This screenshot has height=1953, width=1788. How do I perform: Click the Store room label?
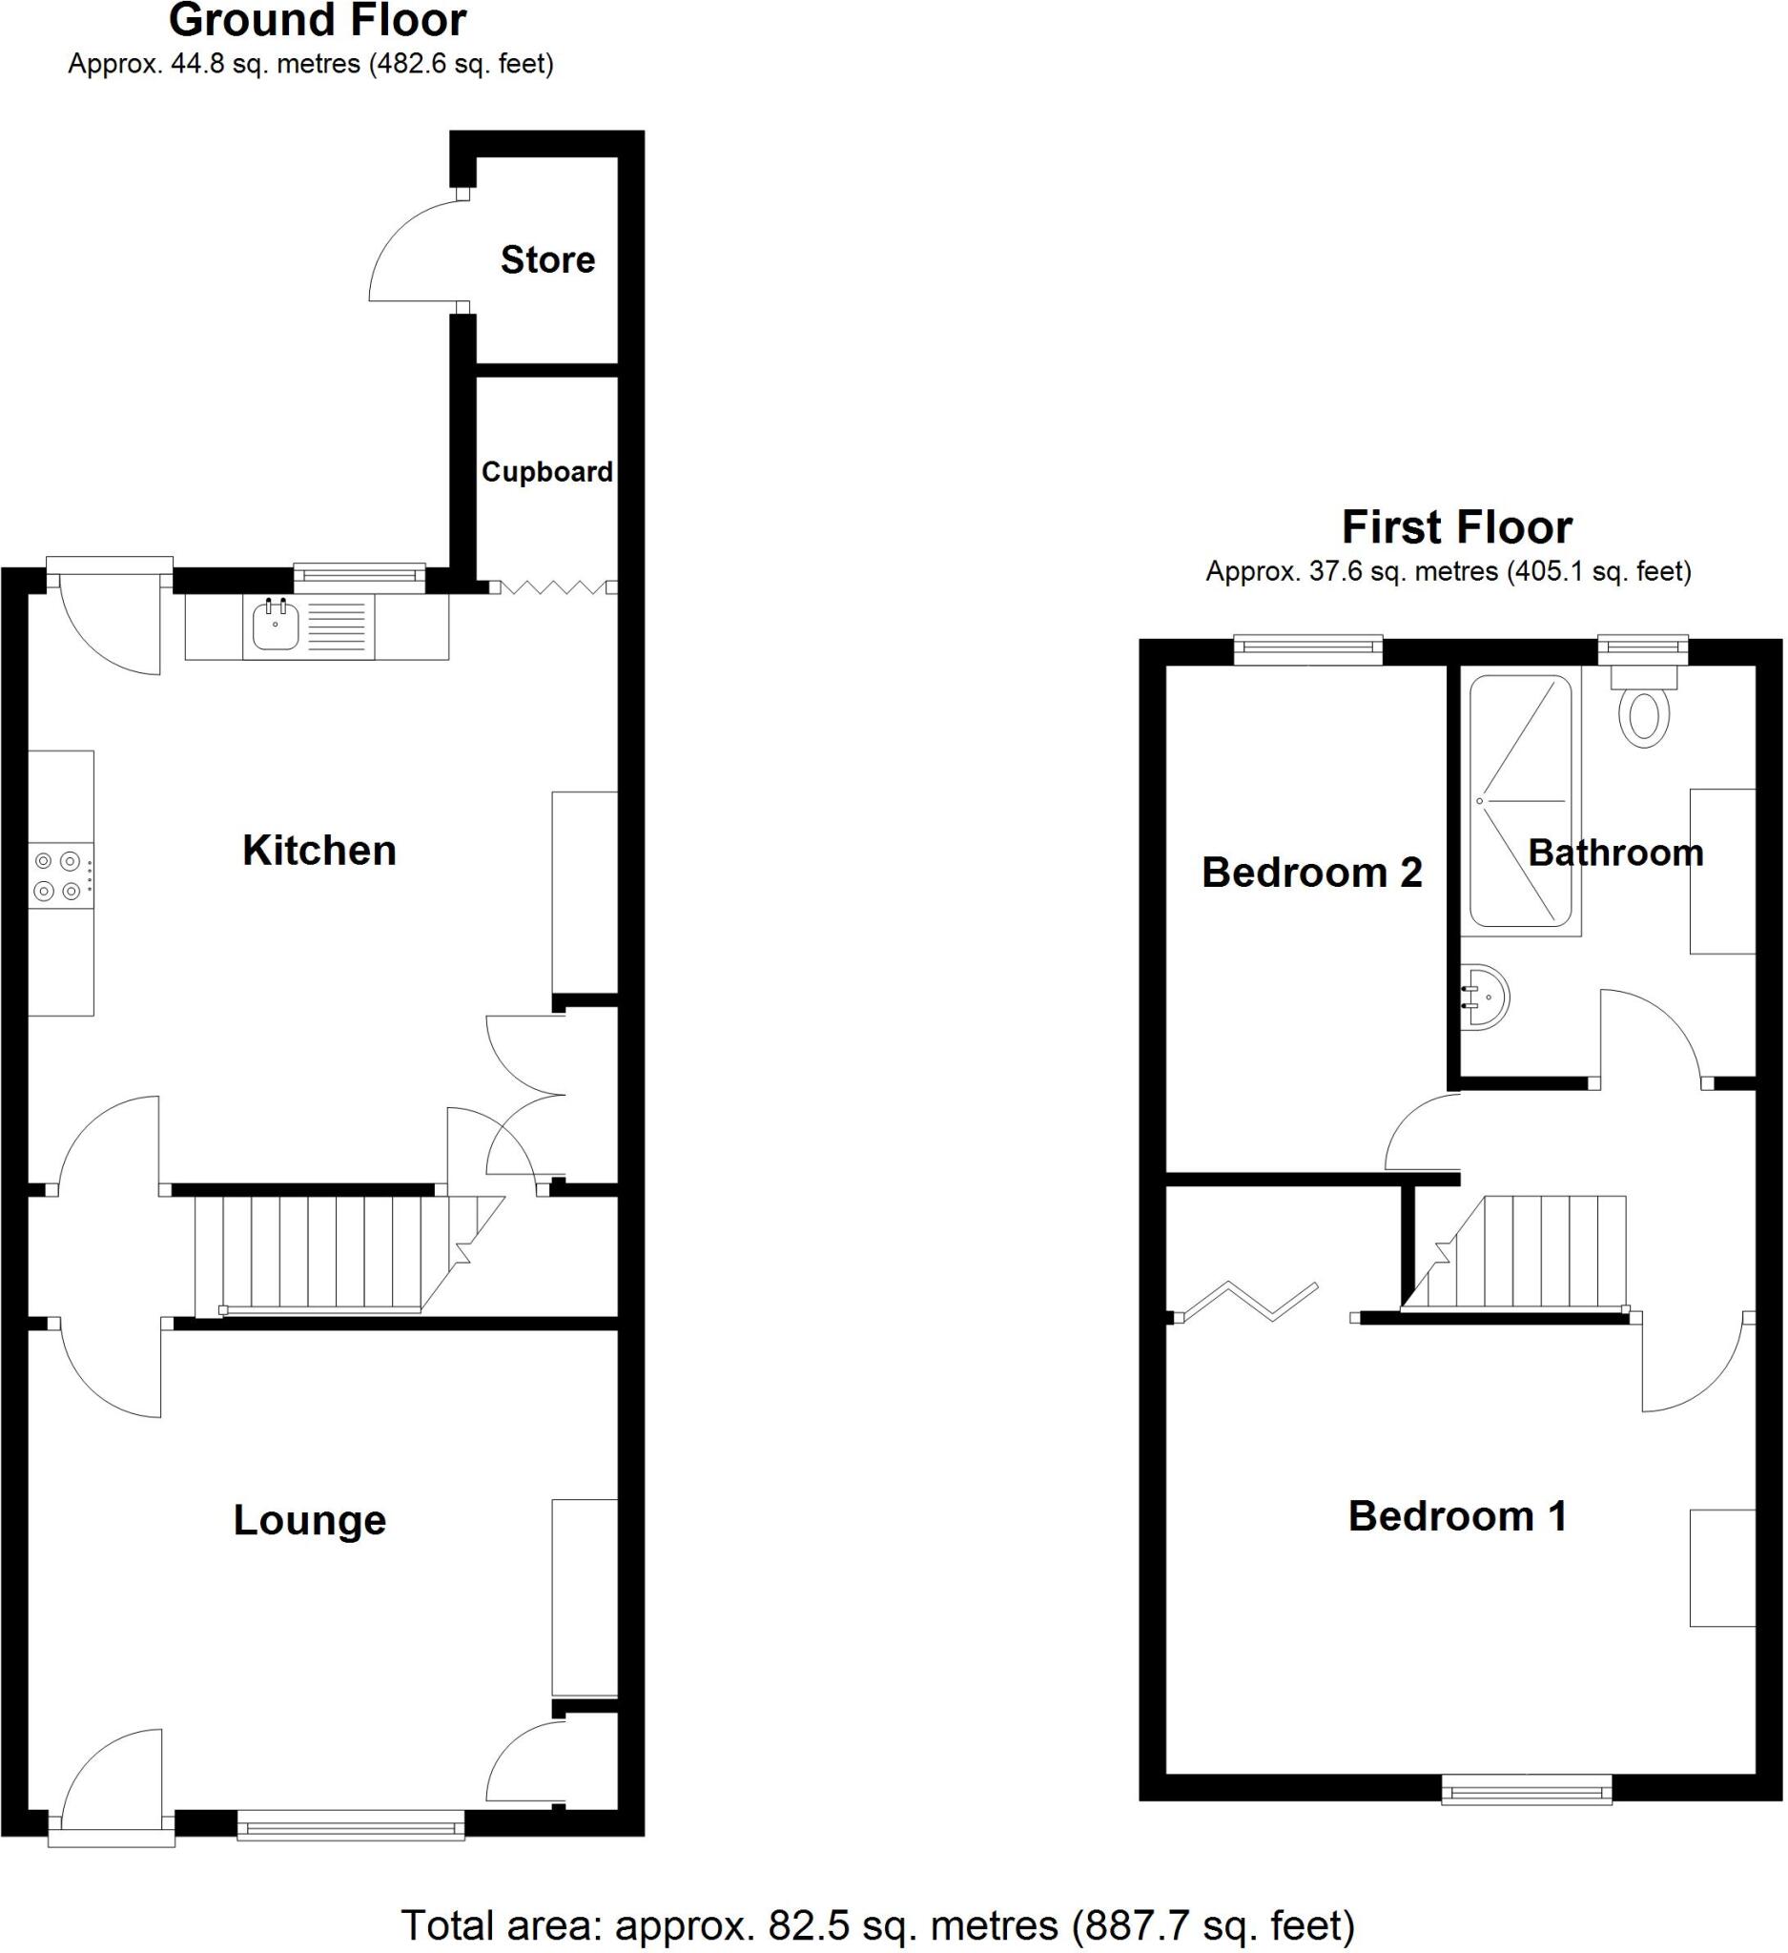(x=547, y=259)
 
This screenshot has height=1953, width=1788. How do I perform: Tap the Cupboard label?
(x=547, y=472)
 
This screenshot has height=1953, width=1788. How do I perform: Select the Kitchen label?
(x=319, y=851)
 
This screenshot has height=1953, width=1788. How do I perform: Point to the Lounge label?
(x=310, y=1520)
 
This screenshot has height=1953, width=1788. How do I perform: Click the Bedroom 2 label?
(x=1311, y=873)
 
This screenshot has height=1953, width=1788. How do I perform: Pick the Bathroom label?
(x=1615, y=853)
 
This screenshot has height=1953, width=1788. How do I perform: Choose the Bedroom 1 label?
(x=1458, y=1516)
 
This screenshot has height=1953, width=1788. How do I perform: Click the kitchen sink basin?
(x=276, y=626)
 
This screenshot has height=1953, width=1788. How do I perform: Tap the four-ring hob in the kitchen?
(x=58, y=875)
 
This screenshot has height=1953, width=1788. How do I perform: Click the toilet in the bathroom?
(x=1644, y=712)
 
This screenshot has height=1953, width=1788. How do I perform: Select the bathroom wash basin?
(x=1487, y=997)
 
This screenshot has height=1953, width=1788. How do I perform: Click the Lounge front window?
(x=351, y=1827)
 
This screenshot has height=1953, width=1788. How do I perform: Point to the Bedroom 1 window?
(x=1527, y=1788)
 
